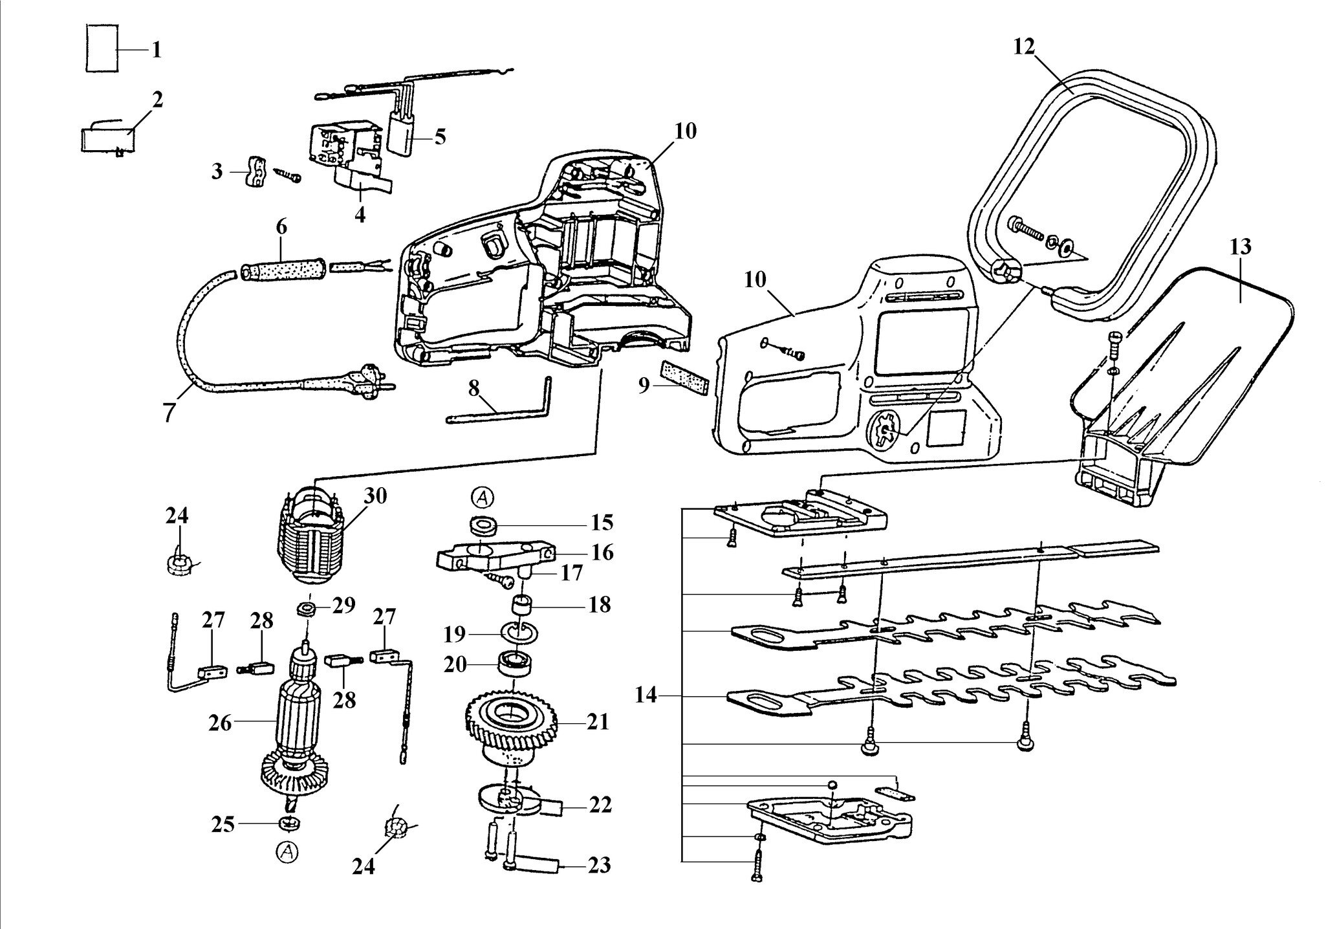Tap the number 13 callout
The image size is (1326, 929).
point(1241,246)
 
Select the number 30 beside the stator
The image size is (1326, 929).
point(375,496)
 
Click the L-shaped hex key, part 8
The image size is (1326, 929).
point(498,401)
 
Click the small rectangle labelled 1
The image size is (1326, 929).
point(101,49)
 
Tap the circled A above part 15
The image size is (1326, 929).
point(483,497)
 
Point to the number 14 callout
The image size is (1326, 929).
point(646,695)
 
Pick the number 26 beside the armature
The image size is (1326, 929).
point(220,722)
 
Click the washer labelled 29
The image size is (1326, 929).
point(308,609)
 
